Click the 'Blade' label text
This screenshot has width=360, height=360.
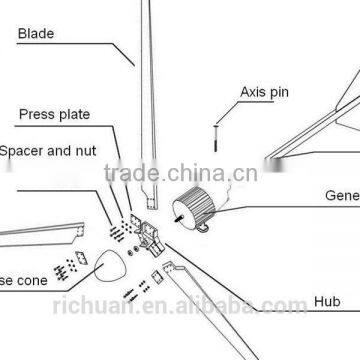coord(35,32)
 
